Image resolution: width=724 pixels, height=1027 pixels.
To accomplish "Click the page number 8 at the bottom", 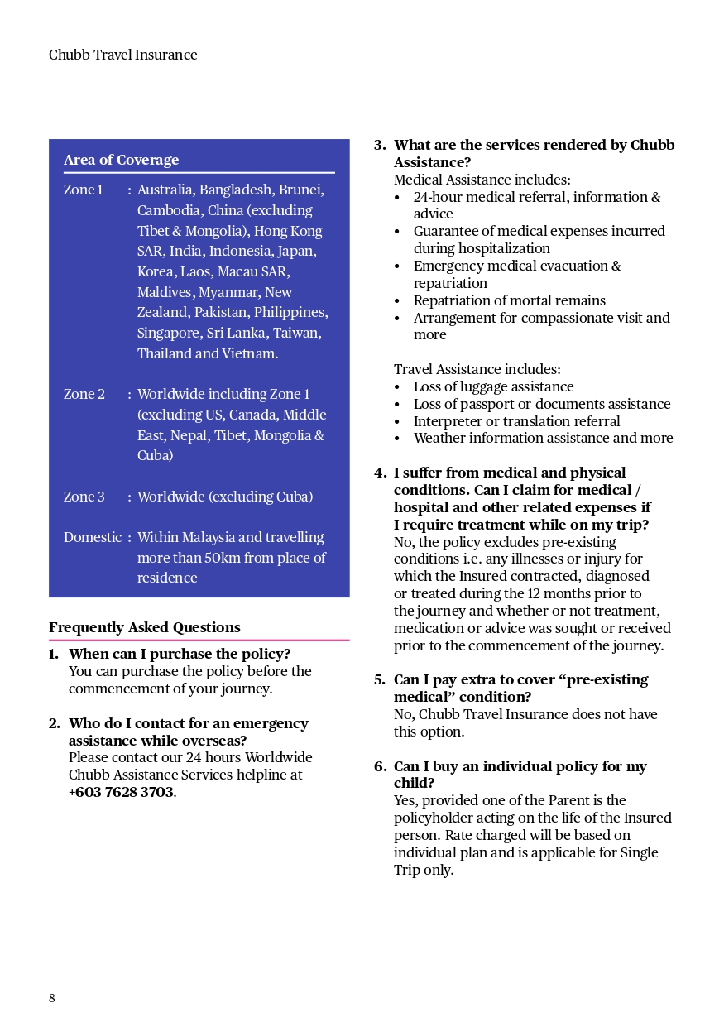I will point(52,998).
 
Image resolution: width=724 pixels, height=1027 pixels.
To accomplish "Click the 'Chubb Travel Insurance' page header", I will point(122,55).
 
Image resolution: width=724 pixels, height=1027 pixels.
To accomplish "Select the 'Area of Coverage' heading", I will point(121,160).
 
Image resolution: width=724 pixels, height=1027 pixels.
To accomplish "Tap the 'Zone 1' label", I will point(83,190).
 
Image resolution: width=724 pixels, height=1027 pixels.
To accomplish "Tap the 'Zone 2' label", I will point(84,394).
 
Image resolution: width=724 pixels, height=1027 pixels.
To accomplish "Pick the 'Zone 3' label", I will point(84,497).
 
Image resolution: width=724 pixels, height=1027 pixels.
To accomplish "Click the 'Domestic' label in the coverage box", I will point(92,537).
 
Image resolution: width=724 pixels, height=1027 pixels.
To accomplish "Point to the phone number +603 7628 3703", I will point(121,792).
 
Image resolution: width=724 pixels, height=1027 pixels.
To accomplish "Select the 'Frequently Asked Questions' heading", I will point(144,627).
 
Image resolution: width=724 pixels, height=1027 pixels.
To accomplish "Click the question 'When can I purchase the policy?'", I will point(180,654).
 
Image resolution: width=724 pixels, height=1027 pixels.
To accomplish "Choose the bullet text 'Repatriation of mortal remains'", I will point(509,300).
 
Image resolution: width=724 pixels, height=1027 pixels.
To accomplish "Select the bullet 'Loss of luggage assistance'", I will point(493,386).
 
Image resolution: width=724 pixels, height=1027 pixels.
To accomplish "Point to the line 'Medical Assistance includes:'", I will point(482,180).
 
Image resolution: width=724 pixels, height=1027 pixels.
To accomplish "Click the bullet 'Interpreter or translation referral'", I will point(516,421).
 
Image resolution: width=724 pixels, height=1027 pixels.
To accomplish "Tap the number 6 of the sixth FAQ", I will point(379,766).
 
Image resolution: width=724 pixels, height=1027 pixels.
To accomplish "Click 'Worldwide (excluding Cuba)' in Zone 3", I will point(225,497).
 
